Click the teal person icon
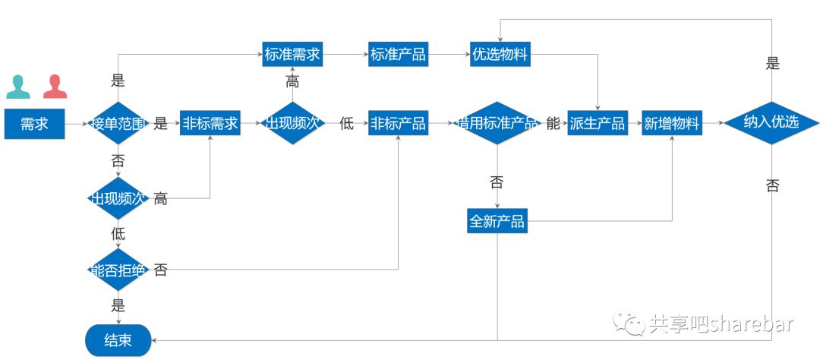pyautogui.click(x=18, y=87)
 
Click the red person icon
pyautogui.click(x=55, y=87)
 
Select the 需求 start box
pyautogui.click(x=34, y=124)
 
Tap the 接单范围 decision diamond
pyautogui.click(x=117, y=124)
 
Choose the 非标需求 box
pyautogui.click(x=210, y=124)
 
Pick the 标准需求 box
pyautogui.click(x=292, y=55)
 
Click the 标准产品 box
pyautogui.click(x=397, y=55)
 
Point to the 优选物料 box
pyautogui.click(x=499, y=55)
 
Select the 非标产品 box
pyautogui.click(x=397, y=124)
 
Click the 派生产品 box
pyautogui.click(x=597, y=124)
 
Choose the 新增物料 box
pyautogui.click(x=671, y=124)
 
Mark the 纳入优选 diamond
pyautogui.click(x=771, y=122)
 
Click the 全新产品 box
pyautogui.click(x=497, y=222)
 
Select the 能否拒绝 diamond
pyautogui.click(x=117, y=270)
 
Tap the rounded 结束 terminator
pyautogui.click(x=118, y=340)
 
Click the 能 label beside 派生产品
pyautogui.click(x=553, y=124)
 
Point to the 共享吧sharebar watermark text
pyautogui.click(x=721, y=324)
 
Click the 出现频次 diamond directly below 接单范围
pyautogui.click(x=117, y=199)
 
